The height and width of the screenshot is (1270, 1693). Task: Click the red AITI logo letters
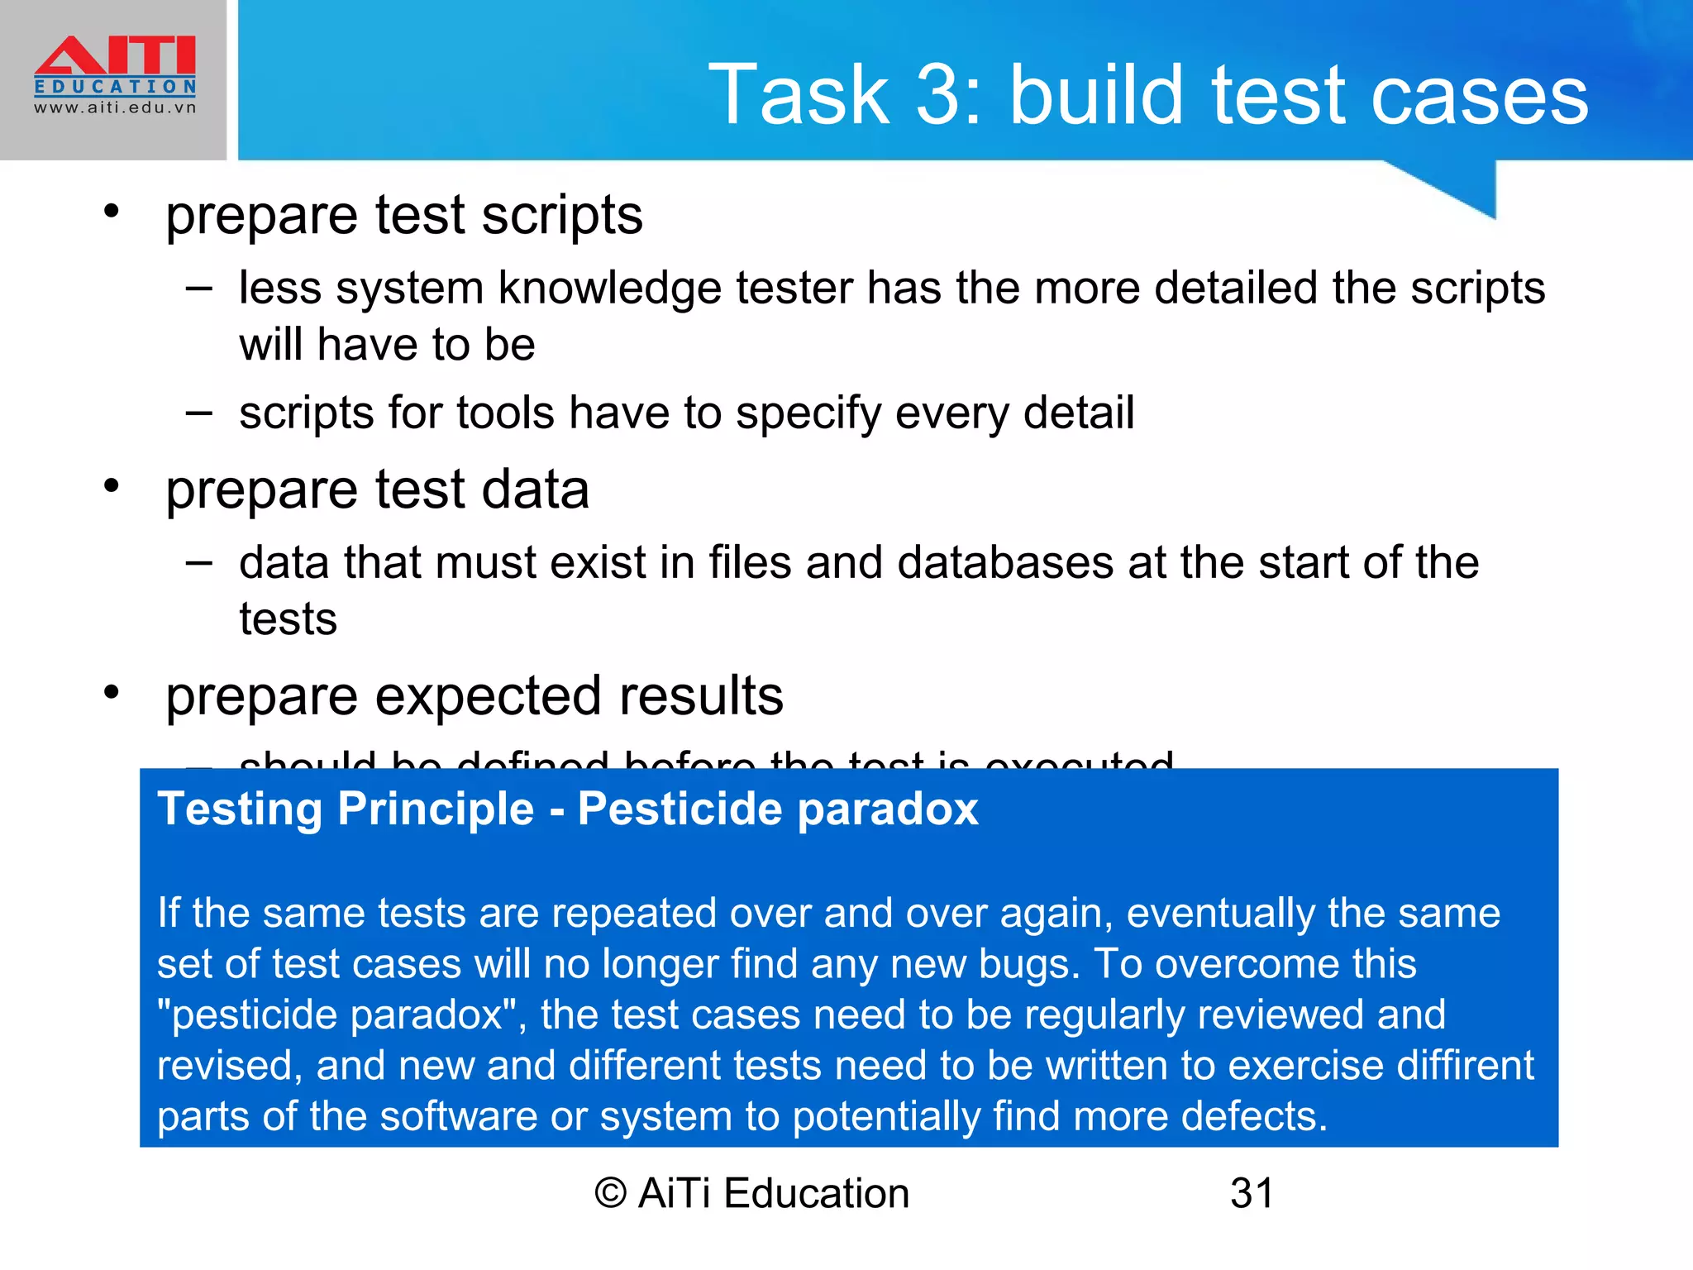pos(115,55)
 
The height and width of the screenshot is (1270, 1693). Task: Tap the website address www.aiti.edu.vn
pos(115,107)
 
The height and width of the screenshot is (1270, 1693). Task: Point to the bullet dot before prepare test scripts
pos(112,212)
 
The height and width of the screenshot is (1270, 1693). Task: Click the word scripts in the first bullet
pos(561,217)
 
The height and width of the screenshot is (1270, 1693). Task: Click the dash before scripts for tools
pos(198,412)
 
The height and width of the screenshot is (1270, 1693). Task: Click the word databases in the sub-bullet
pos(1004,563)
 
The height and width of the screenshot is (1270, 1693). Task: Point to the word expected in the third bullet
pos(489,697)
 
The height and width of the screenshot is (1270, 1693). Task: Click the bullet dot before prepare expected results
pos(112,693)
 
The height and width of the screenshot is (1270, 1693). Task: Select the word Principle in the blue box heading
pos(436,809)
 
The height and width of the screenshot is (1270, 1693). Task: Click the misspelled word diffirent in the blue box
pos(1464,1066)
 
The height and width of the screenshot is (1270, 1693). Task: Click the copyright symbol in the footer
pos(611,1194)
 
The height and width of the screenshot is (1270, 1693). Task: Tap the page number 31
pos(1252,1194)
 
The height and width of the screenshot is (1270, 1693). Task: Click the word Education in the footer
pos(817,1194)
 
